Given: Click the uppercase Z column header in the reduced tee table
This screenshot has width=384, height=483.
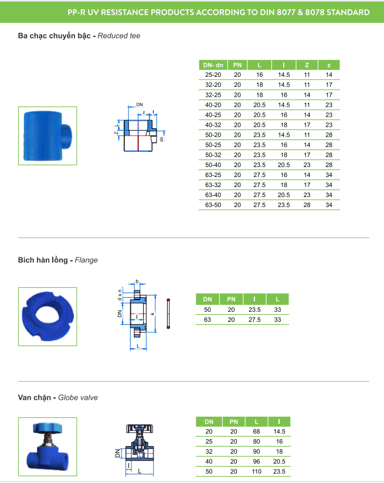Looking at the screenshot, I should coord(306,64).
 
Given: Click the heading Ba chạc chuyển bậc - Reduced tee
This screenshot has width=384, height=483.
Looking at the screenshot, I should coord(79,36).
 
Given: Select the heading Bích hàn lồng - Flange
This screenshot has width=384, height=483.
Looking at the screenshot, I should coord(58,260).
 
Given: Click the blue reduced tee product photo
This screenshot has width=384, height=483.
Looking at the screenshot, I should coord(47,135).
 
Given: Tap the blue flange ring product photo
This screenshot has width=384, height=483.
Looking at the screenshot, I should coord(47,317).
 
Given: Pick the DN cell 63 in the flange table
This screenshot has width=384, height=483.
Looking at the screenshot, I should coord(207,319).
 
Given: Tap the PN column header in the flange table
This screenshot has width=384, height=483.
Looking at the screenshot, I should coord(231,299).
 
